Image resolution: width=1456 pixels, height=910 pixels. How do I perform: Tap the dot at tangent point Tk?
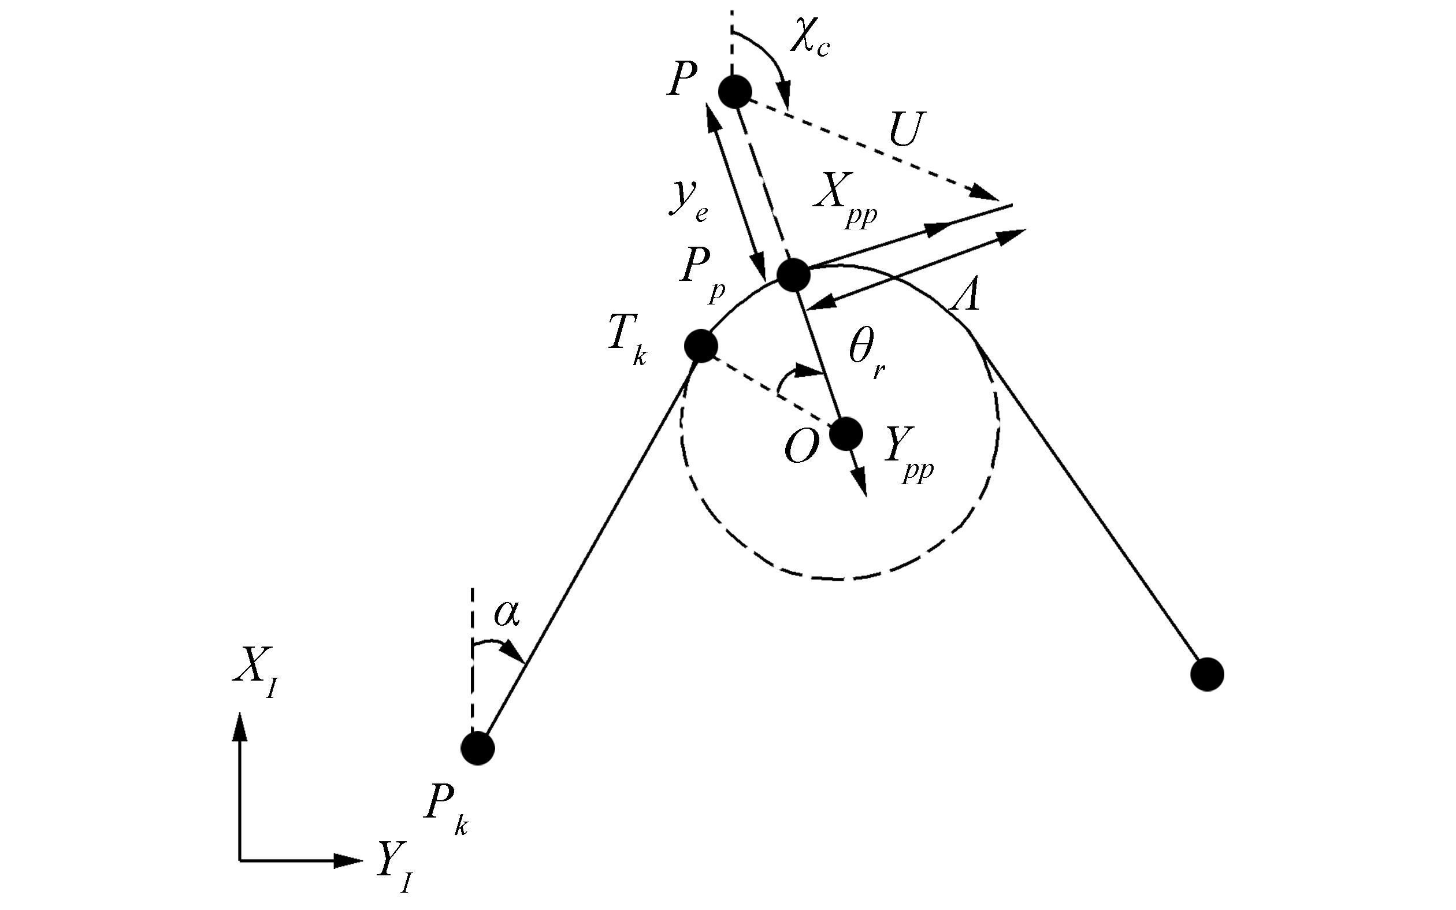[701, 346]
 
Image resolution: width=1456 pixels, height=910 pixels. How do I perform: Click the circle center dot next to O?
[846, 434]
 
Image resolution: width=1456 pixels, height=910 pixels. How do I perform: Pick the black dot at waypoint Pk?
[478, 748]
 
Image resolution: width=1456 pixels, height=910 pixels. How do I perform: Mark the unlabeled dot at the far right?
[1207, 675]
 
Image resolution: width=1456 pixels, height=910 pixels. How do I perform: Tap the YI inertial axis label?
[395, 867]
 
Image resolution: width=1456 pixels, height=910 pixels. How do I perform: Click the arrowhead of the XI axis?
[240, 726]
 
